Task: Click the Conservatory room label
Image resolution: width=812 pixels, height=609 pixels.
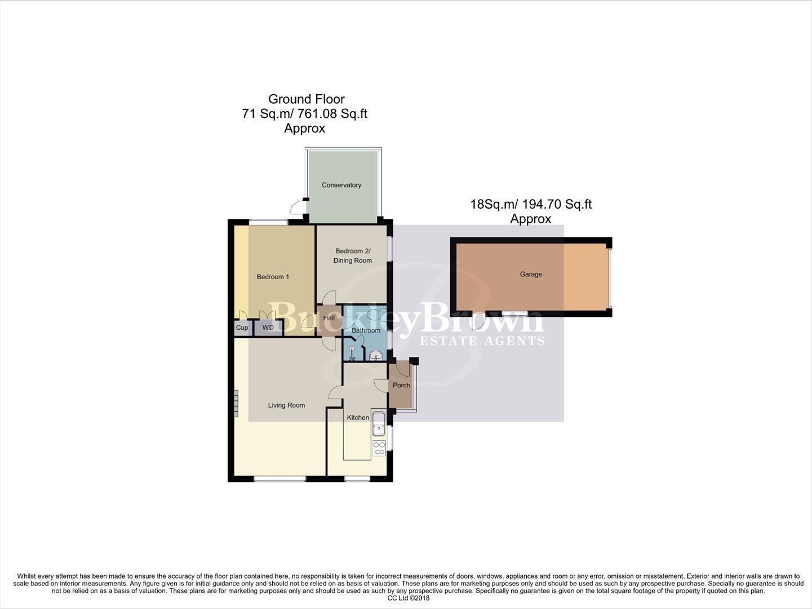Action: pos(341,185)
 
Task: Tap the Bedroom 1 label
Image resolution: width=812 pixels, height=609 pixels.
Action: pos(273,277)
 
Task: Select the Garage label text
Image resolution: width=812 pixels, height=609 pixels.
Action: pos(531,275)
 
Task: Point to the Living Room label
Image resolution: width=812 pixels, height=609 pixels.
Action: pos(286,405)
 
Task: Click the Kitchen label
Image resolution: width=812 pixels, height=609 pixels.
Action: pos(358,418)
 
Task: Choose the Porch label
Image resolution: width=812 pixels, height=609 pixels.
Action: pos(401,386)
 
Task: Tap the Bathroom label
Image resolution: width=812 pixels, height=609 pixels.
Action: pos(366,330)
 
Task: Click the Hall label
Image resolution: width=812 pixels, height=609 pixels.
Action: pos(329,318)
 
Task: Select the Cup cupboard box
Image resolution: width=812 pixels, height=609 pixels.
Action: pos(242,328)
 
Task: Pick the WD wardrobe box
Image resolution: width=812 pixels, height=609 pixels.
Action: pos(268,328)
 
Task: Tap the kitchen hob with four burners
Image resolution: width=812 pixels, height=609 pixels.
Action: pos(379,448)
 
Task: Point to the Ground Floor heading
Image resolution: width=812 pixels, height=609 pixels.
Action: pos(306,99)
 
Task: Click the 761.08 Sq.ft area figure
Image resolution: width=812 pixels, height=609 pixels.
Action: pos(336,113)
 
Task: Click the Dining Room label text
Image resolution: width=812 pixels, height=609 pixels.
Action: pos(353,261)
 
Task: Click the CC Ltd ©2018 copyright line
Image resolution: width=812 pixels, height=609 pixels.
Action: pos(405,598)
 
